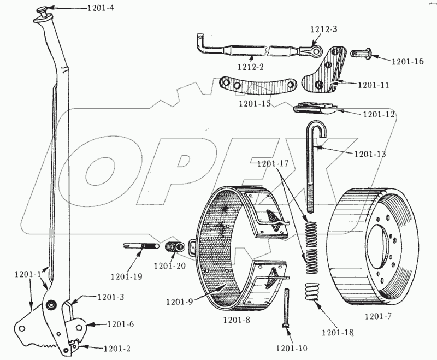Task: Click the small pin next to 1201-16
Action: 361,54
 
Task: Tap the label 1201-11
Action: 374,85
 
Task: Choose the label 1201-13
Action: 370,154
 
